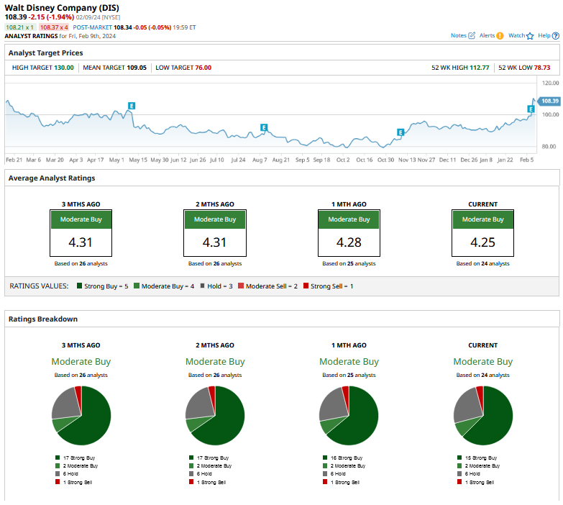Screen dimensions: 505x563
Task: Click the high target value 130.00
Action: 64,68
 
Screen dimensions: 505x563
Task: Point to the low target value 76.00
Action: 203,68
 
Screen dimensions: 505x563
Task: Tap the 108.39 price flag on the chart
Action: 549,101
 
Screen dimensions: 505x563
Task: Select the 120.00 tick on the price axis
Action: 549,83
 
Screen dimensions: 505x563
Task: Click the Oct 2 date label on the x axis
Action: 343,160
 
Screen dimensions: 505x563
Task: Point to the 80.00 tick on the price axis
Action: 549,147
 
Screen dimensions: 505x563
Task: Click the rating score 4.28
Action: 349,242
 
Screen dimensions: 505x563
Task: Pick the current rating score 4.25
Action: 482,242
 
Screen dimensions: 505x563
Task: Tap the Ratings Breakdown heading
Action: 43,319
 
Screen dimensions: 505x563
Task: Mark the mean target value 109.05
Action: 137,68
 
